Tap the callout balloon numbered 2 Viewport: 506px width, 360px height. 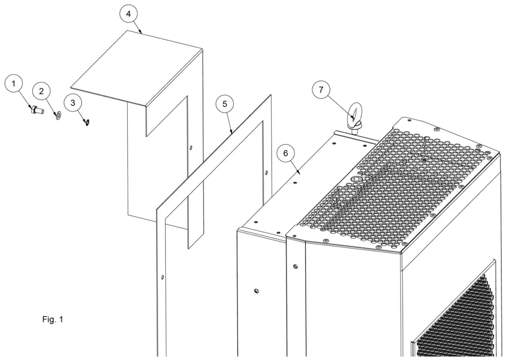(x=42, y=91)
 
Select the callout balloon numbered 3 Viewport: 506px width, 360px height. (x=73, y=103)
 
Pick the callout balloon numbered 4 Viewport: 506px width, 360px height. (x=129, y=14)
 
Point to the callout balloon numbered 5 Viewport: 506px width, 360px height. (x=224, y=104)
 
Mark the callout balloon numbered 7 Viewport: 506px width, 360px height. (x=321, y=90)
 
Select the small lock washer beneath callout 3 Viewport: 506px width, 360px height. (x=87, y=122)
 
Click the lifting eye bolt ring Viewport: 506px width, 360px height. (x=354, y=112)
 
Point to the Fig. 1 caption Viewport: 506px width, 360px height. (x=53, y=320)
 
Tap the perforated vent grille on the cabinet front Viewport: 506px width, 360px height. (x=454, y=317)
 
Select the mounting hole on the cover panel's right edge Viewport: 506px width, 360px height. (x=191, y=148)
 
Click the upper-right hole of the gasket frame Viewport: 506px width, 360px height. (x=266, y=172)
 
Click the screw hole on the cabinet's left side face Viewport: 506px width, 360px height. (x=256, y=291)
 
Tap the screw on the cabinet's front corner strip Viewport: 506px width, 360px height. (x=295, y=266)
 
